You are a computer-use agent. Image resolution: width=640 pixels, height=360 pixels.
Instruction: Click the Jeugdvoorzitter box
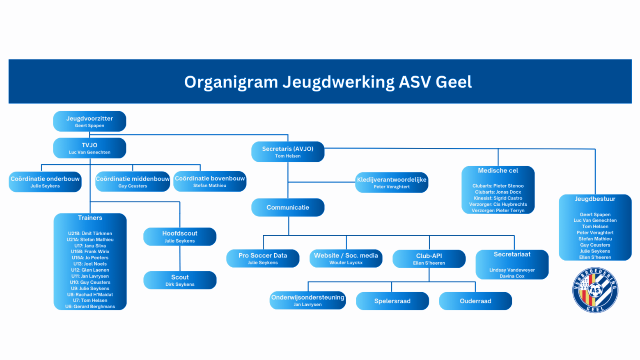(x=89, y=121)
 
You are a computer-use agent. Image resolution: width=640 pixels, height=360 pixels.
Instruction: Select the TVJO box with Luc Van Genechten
(x=89, y=148)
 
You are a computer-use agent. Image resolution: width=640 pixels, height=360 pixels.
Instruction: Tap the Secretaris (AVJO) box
(x=288, y=151)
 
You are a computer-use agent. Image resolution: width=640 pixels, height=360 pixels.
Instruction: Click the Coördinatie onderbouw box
(x=45, y=181)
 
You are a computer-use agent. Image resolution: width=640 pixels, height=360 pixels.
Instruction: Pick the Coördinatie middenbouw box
(x=133, y=181)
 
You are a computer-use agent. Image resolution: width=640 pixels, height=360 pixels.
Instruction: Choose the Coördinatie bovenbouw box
(x=210, y=181)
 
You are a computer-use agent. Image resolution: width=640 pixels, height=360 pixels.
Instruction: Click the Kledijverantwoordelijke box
(x=392, y=182)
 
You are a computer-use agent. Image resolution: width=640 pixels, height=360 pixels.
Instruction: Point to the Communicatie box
(x=288, y=207)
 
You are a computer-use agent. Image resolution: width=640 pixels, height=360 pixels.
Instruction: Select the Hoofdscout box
(x=180, y=236)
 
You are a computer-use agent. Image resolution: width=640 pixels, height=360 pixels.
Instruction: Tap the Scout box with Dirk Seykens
(x=180, y=280)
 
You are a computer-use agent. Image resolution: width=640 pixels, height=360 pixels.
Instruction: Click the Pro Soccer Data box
(x=263, y=258)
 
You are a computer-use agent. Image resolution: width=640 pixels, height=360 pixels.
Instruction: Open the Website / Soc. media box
(x=346, y=258)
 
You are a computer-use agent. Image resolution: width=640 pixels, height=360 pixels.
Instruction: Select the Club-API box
(x=429, y=259)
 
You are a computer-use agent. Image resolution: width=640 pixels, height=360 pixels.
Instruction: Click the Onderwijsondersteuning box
(x=307, y=300)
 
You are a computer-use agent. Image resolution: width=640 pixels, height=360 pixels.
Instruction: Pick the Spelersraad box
(x=392, y=301)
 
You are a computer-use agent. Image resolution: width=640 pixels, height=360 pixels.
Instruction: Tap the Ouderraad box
(x=475, y=301)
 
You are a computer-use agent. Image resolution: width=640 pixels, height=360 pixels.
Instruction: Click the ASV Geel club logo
(x=595, y=290)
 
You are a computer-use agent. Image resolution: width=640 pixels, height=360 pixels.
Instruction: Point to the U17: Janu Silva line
(x=90, y=245)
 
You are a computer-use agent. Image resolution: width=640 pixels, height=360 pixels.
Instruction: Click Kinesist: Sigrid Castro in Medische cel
(x=498, y=198)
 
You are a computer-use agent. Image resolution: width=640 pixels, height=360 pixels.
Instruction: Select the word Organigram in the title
(x=231, y=82)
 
